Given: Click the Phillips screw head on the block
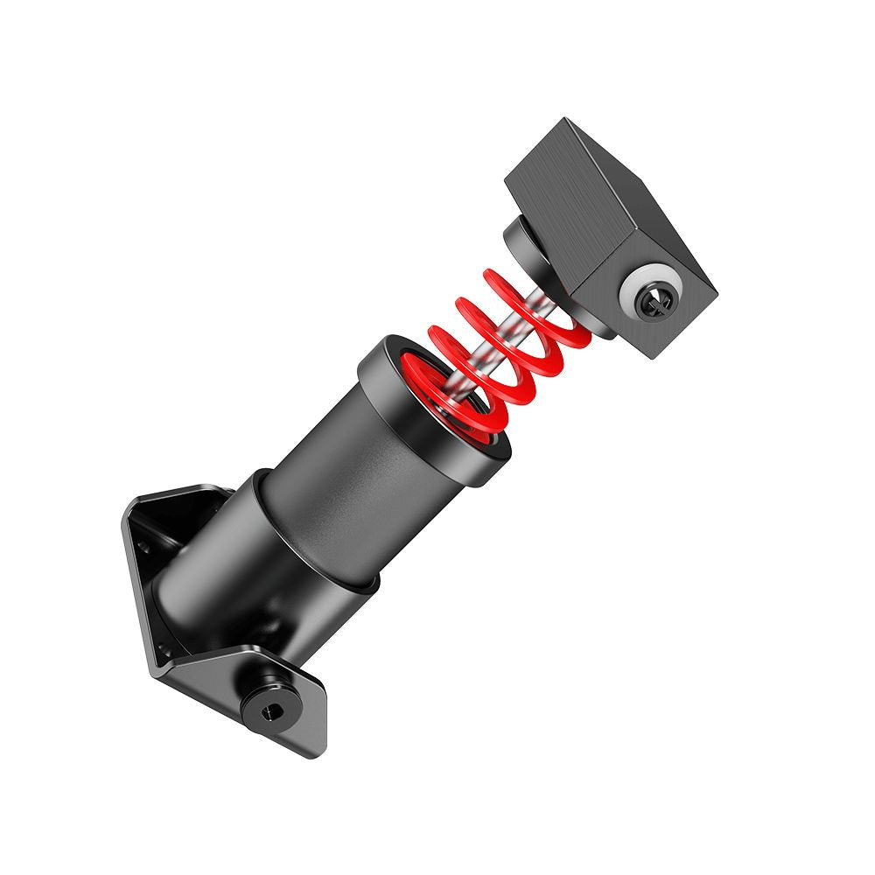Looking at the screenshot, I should point(655,301).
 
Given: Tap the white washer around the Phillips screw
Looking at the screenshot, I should point(637,290).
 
